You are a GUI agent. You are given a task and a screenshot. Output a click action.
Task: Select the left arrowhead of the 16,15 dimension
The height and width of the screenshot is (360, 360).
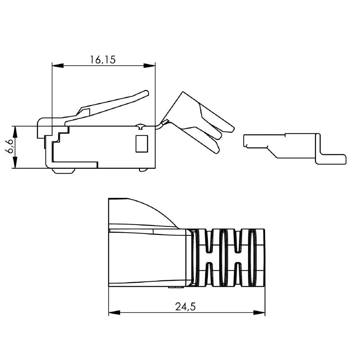click(x=55, y=66)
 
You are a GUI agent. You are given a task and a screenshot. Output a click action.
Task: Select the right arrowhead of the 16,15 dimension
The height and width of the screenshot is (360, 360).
click(x=153, y=66)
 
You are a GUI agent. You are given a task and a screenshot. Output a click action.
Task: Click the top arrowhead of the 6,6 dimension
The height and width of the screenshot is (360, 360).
click(x=15, y=129)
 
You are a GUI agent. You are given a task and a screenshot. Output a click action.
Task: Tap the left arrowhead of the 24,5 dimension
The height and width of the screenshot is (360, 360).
click(x=112, y=311)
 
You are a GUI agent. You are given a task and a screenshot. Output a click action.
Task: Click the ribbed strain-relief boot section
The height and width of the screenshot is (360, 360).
click(x=227, y=257)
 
